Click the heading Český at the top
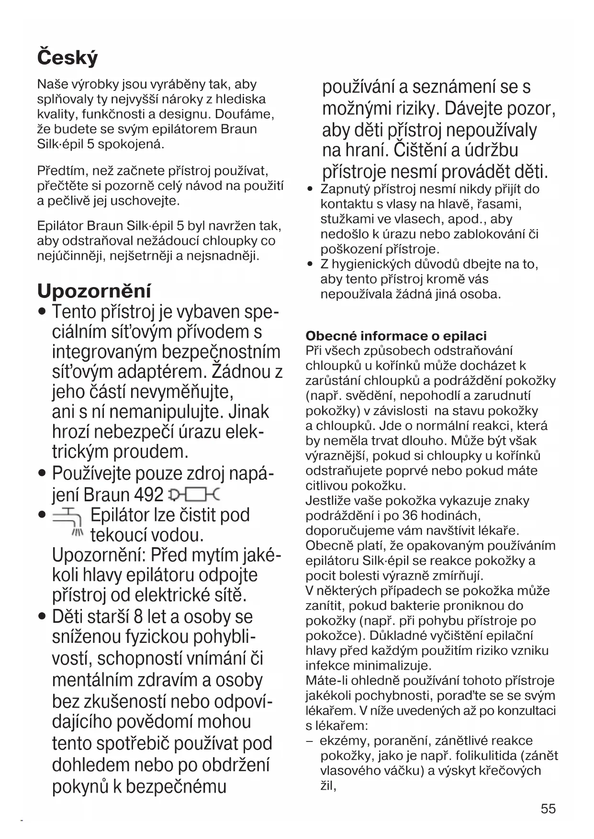[67, 58]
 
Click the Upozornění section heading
[94, 291]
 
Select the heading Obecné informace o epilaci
[396, 336]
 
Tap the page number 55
[548, 808]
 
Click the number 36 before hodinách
[410, 516]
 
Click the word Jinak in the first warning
[249, 412]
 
